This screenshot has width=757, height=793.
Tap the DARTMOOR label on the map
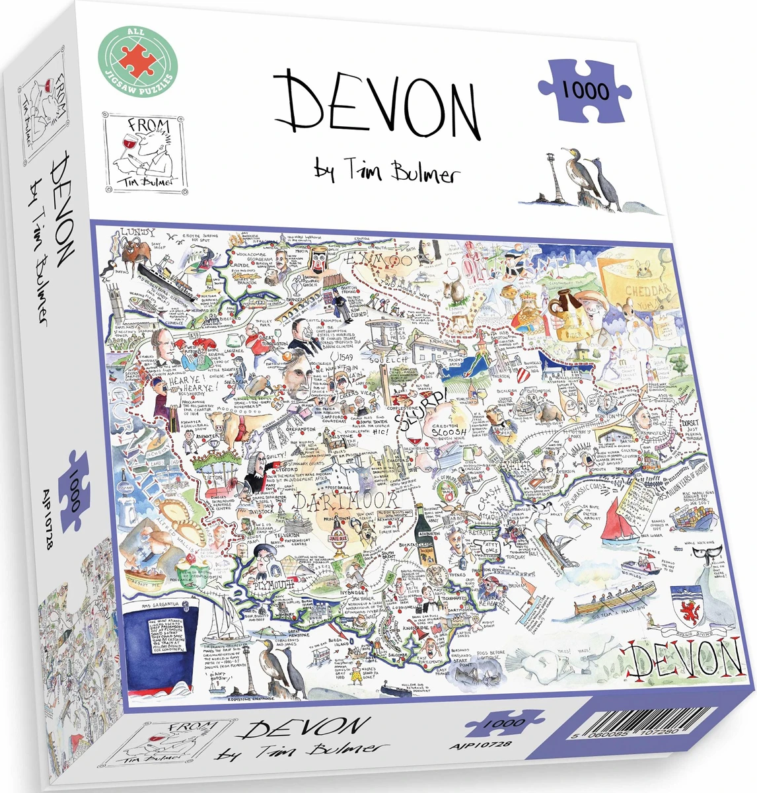(x=346, y=500)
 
